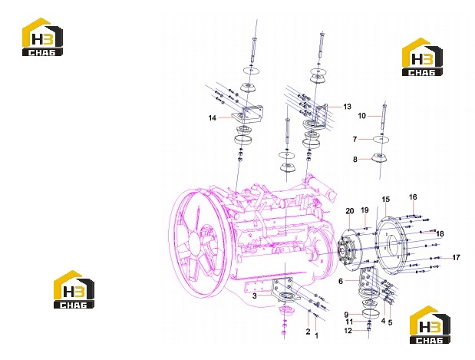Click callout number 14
213,118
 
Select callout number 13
347,107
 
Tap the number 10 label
362,116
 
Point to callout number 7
355,139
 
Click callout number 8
355,160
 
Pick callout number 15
386,200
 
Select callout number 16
413,197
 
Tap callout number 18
440,233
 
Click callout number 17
457,258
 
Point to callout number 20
350,211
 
